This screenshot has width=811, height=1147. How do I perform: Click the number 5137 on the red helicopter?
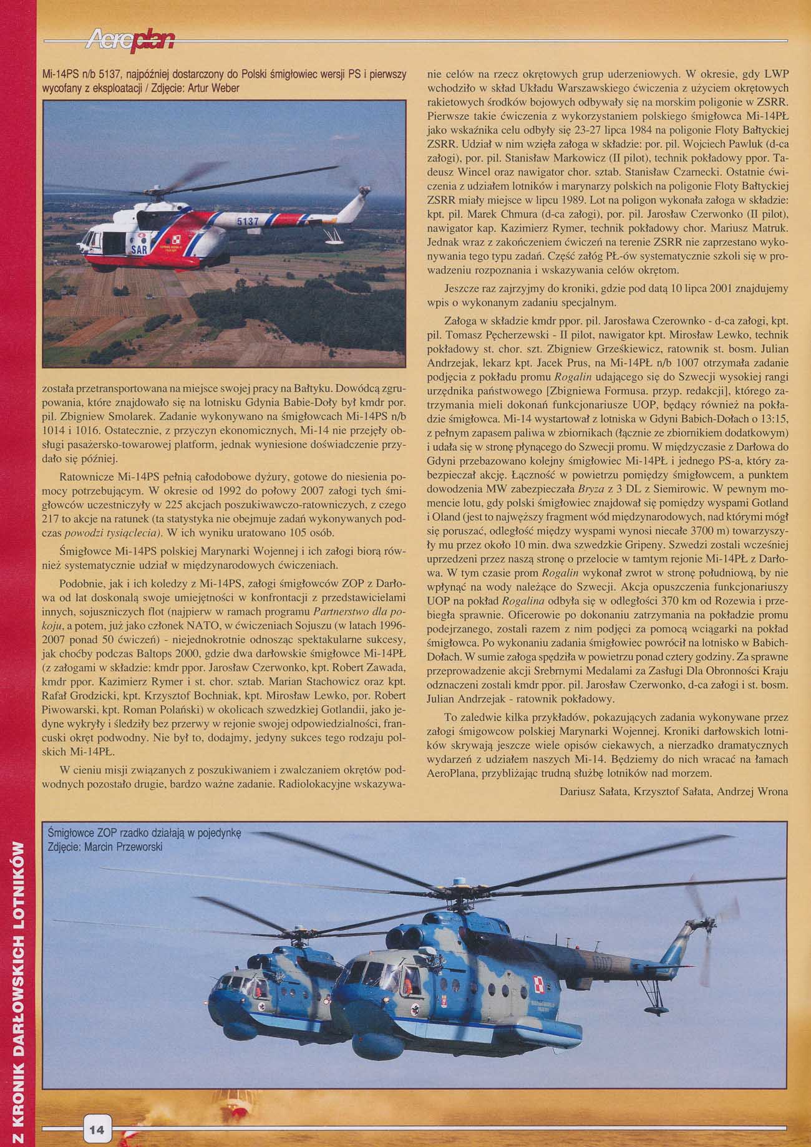tap(248, 222)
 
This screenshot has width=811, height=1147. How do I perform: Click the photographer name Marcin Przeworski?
tap(128, 848)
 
